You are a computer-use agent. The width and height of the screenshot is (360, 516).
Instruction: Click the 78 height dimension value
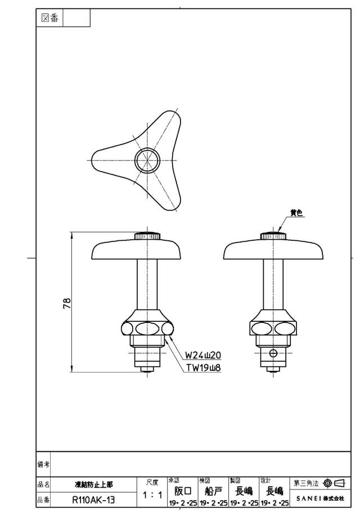[67, 303]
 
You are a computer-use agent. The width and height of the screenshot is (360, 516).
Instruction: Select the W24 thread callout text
[202, 356]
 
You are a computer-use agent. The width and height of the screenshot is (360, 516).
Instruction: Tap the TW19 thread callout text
[204, 368]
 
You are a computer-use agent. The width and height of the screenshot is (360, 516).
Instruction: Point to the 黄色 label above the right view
[296, 213]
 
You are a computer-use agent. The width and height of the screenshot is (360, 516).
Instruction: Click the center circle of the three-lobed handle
[147, 160]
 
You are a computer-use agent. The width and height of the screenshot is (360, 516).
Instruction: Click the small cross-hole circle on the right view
[273, 353]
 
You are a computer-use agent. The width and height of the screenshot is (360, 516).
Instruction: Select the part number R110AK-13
[94, 500]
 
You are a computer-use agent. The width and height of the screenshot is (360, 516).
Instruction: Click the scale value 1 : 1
[152, 495]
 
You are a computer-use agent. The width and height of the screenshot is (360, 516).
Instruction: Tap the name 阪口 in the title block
[183, 491]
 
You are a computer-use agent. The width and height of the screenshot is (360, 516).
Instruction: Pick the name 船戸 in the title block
[213, 491]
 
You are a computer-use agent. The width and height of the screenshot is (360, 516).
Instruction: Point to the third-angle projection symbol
[334, 483]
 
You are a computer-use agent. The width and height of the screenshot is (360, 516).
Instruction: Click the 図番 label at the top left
[49, 18]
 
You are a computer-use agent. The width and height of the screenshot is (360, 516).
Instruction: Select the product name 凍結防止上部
[94, 484]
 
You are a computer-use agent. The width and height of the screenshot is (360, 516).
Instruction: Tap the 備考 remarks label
[43, 464]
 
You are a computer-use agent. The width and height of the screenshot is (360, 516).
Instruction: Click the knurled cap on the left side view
[147, 236]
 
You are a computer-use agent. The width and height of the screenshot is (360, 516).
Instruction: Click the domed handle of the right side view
[273, 249]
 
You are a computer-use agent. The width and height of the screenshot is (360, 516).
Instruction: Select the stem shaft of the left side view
[147, 284]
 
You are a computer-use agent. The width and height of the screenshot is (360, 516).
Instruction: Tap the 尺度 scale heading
[152, 482]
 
